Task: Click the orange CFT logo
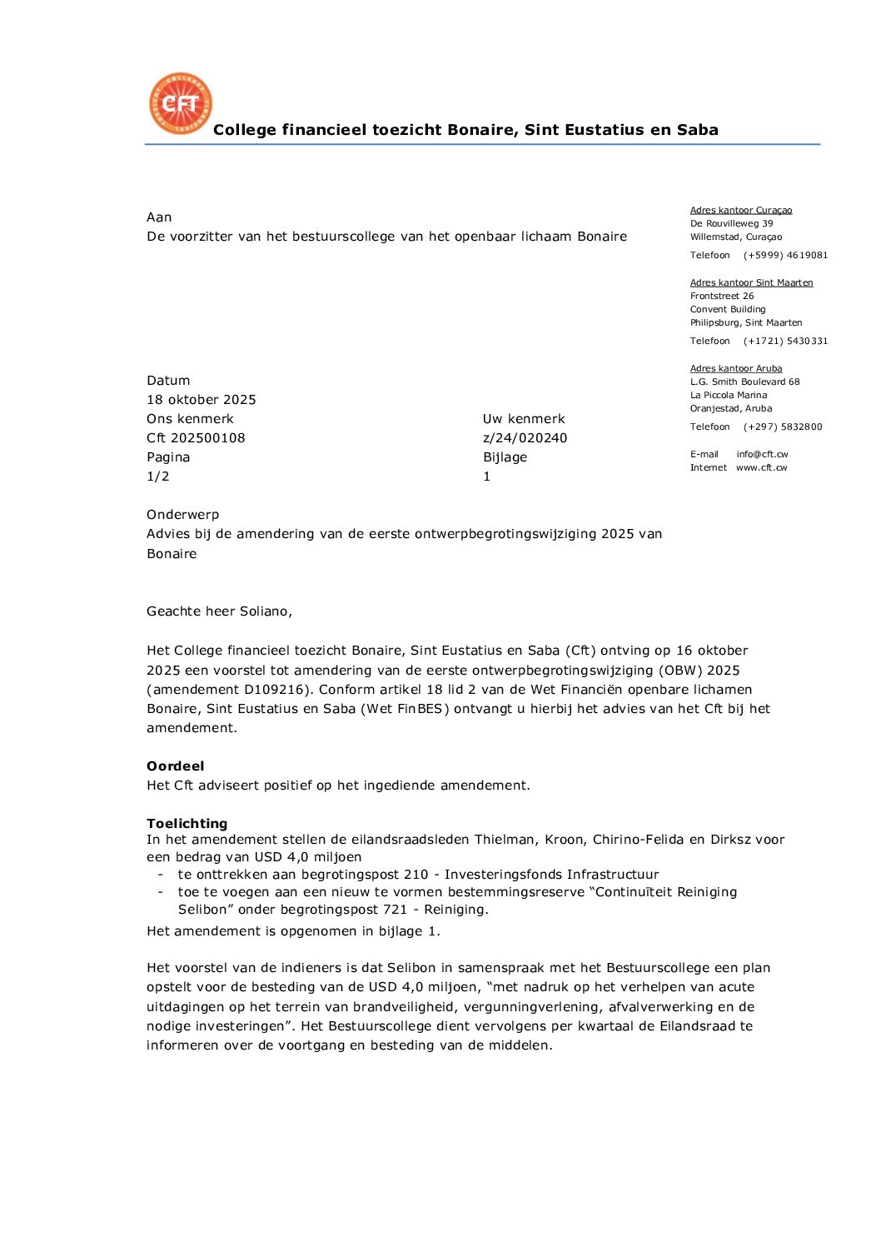coord(181,104)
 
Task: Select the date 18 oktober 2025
coord(202,400)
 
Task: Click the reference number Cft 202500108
coord(196,438)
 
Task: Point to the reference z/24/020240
coord(525,438)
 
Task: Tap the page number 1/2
coord(158,476)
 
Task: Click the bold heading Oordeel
coord(175,766)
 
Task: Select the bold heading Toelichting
coord(187,824)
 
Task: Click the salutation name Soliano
coord(265,611)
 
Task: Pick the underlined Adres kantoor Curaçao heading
coord(741,211)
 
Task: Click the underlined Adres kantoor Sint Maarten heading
coord(751,283)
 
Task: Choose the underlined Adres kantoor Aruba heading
coord(736,369)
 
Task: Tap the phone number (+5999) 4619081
coord(785,256)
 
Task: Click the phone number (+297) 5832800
coord(783,427)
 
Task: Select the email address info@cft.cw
coord(762,455)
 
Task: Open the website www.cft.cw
coord(761,468)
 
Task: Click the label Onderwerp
coord(182,515)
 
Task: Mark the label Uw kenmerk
coord(524,419)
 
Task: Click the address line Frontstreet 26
coord(722,297)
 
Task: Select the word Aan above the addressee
coord(159,217)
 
